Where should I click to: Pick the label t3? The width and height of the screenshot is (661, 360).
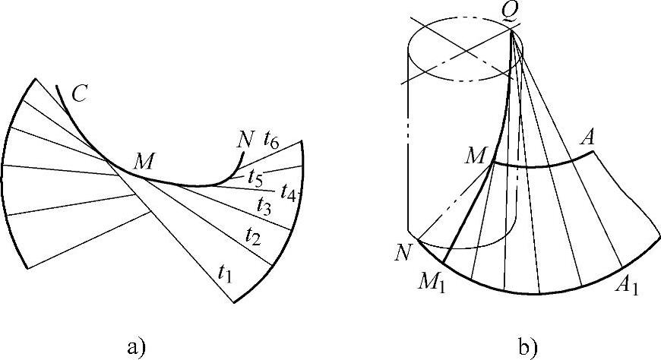[264, 205]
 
